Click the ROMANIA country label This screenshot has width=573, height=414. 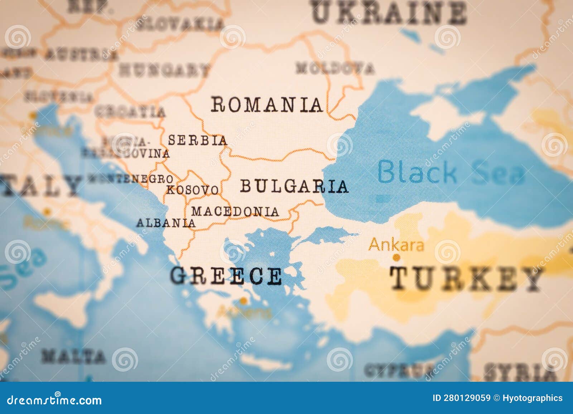[266, 105]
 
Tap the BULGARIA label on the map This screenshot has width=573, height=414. [294, 186]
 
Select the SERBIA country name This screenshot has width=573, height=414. [198, 140]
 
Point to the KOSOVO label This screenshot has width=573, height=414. [192, 190]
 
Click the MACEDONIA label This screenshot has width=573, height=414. [235, 211]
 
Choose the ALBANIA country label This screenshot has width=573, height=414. [166, 223]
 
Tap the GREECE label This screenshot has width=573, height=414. [226, 276]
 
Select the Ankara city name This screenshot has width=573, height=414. [396, 245]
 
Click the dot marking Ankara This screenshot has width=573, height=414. [396, 257]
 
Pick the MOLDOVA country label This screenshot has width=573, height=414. [335, 68]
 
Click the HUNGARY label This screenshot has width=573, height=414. [164, 70]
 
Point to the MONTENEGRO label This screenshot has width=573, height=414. [131, 178]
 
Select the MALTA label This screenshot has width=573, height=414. [73, 356]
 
